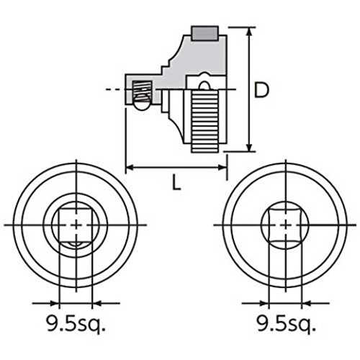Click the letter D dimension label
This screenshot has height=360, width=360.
click(x=261, y=90)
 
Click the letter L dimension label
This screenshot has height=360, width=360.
click(x=176, y=182)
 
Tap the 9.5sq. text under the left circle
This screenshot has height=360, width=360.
click(x=76, y=324)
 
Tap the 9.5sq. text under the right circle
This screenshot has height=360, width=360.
click(x=286, y=324)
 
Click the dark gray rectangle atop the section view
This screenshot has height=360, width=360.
click(x=204, y=33)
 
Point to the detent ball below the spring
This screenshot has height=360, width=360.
click(x=142, y=104)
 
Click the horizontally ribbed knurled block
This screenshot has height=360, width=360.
click(x=205, y=121)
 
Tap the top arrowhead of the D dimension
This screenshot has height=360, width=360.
click(x=250, y=32)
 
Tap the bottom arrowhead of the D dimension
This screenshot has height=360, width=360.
click(x=250, y=146)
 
